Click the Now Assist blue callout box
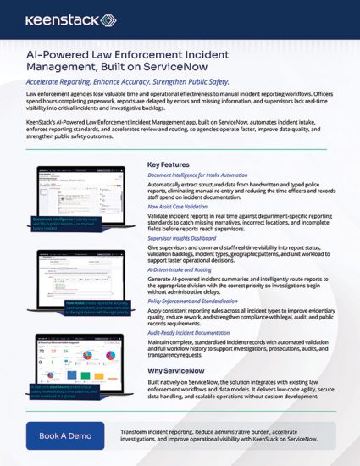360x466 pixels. pos(101,305)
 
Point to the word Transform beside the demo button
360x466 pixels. pos(136,430)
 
